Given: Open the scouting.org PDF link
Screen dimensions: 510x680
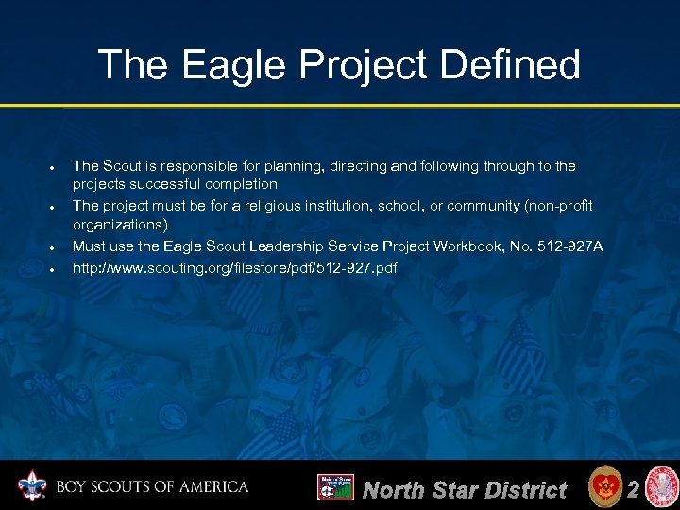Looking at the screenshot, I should click(235, 268).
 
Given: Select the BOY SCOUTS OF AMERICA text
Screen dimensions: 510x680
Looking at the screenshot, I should click(151, 487).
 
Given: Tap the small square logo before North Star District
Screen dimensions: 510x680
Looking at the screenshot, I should click(335, 487).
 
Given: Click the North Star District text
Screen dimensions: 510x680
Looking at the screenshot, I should click(465, 490).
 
